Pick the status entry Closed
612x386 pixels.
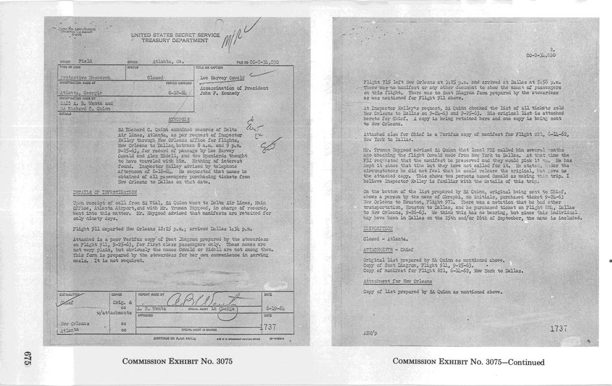pyautogui.click(x=154, y=78)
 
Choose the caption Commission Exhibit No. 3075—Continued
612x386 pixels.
pyautogui.click(x=468, y=362)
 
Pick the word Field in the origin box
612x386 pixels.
pyautogui.click(x=86, y=61)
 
